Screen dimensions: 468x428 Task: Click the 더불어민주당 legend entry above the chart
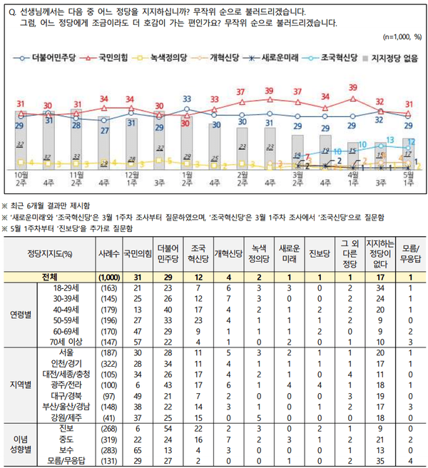(46, 55)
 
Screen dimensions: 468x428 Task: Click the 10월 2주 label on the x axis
(21, 176)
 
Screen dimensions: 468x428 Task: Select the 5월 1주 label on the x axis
(409, 176)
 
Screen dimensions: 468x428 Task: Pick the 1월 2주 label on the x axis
(187, 176)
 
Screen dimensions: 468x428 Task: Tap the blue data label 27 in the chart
(104, 131)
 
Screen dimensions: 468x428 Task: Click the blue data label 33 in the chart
(187, 98)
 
